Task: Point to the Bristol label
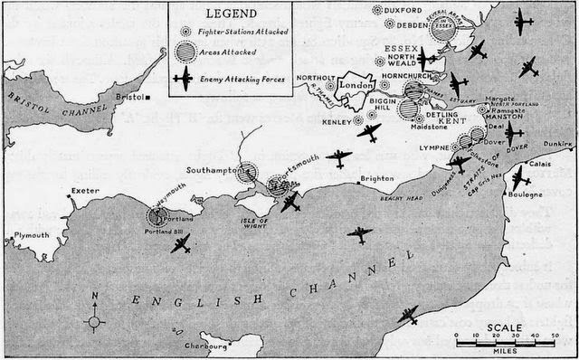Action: point(132,93)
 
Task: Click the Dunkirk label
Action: point(558,143)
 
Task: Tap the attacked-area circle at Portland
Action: point(161,217)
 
